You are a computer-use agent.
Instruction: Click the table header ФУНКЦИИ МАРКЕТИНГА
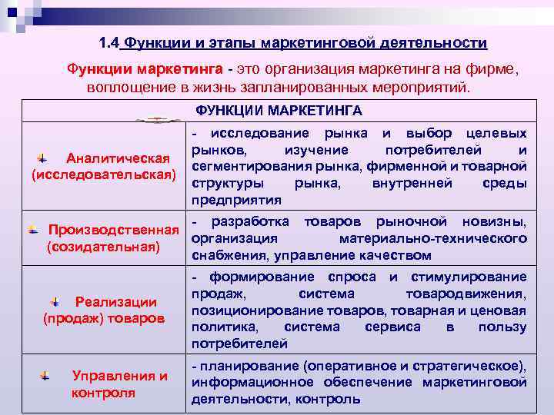(x=278, y=110)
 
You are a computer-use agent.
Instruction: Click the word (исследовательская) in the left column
(x=104, y=175)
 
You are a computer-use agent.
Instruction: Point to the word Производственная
(x=113, y=231)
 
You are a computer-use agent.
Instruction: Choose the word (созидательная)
(x=103, y=247)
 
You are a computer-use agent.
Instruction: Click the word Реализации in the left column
(x=115, y=302)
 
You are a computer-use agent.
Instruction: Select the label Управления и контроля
(x=118, y=384)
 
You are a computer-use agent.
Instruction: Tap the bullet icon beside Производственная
(x=32, y=229)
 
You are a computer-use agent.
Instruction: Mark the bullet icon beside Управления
(x=45, y=376)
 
